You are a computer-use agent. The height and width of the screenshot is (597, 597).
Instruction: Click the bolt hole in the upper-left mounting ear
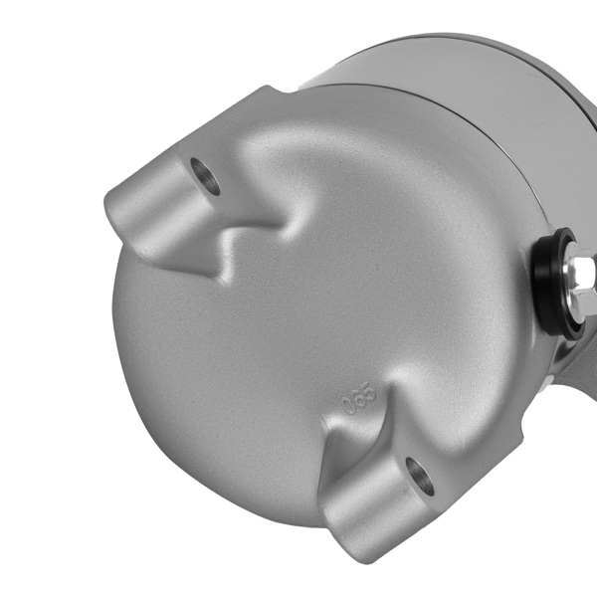tap(206, 177)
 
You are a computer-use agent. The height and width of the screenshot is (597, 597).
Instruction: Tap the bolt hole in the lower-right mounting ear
tap(420, 477)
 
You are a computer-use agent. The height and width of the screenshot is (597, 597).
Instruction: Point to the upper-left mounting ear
tap(174, 204)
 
